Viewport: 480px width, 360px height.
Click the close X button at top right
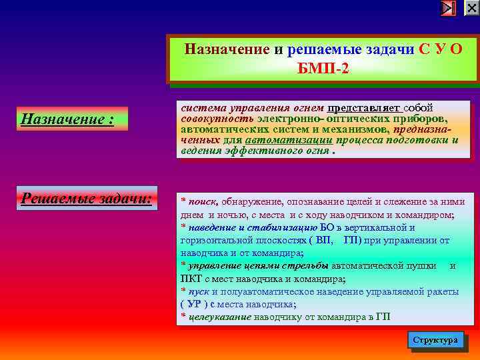pos(471,8)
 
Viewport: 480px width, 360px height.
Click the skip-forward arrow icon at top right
pos(449,8)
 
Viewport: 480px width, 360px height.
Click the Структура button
pos(435,339)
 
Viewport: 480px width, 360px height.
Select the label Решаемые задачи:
pos(86,198)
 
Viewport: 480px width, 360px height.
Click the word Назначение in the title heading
pos(227,49)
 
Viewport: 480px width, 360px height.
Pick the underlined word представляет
pos(363,107)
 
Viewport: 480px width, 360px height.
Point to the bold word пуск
pos(199,291)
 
